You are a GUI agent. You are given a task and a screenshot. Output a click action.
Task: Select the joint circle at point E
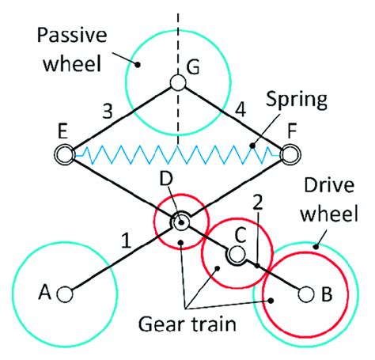[63, 153]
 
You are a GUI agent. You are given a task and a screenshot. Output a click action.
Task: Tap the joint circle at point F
[290, 153]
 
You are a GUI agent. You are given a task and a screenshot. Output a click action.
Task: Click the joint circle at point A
[65, 294]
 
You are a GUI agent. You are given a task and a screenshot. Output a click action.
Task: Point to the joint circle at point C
[236, 255]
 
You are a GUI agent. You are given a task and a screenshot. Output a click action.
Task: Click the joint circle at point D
[180, 223]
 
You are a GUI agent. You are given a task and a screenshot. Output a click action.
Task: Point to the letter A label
[44, 294]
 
